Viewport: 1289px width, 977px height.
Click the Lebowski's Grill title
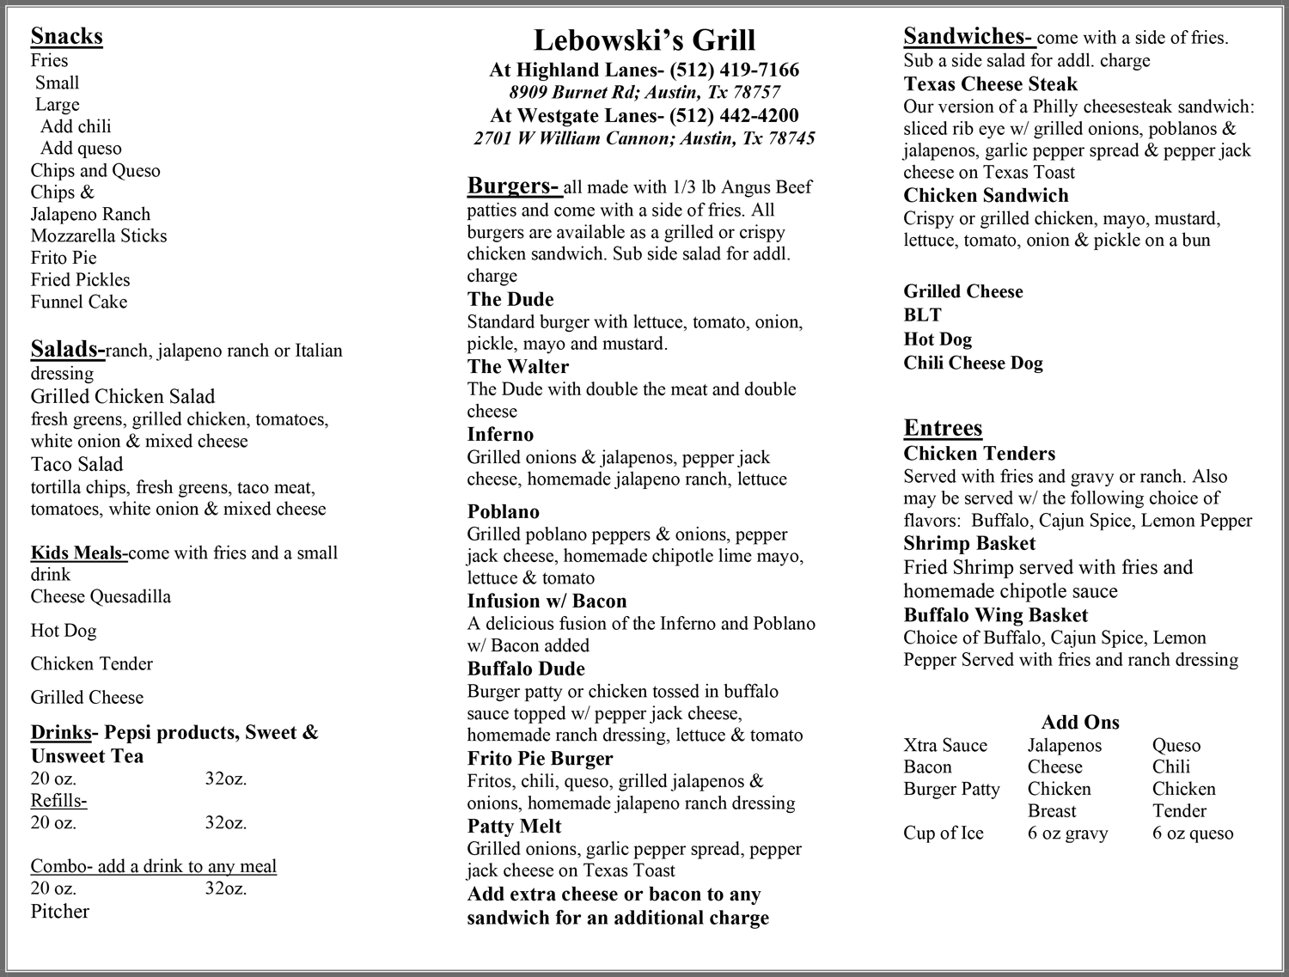click(644, 40)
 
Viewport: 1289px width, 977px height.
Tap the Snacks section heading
click(66, 36)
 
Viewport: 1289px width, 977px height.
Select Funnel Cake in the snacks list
click(78, 302)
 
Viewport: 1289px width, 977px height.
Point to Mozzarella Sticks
click(99, 235)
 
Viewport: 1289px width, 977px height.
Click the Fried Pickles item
click(80, 280)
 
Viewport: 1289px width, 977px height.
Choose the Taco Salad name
click(76, 464)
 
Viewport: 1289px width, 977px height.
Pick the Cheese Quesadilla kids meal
click(101, 596)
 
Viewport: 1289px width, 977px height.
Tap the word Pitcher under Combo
click(60, 911)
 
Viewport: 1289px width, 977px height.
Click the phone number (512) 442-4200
click(734, 116)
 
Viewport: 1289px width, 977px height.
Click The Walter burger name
click(517, 367)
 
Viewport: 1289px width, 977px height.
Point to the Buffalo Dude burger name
click(526, 669)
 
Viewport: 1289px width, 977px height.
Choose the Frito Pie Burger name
click(540, 759)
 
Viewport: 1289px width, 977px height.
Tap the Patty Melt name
click(514, 827)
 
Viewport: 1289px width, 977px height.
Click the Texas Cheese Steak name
click(990, 84)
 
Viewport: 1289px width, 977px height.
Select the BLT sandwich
click(922, 315)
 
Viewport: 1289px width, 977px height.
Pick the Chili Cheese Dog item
click(973, 363)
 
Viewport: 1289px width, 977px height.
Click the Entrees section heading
click(943, 428)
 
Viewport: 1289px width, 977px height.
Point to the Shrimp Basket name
click(969, 543)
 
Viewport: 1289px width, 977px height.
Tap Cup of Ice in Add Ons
click(943, 833)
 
